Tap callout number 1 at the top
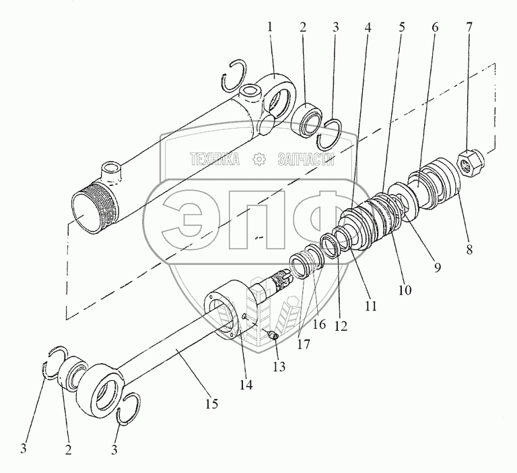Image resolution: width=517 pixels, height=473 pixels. (x=271, y=27)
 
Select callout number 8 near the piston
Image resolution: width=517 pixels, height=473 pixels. (x=469, y=249)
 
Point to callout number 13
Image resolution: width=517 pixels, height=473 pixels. (x=279, y=367)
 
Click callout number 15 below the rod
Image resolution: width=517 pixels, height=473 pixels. (x=212, y=404)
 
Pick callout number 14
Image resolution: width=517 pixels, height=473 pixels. (x=246, y=385)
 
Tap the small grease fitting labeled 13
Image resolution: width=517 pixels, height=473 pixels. (x=273, y=336)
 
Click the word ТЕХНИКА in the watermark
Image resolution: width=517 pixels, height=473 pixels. (x=215, y=159)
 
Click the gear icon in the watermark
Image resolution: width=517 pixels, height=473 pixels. (x=258, y=159)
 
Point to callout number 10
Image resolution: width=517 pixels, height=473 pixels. (x=405, y=290)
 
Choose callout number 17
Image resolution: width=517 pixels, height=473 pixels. (x=304, y=344)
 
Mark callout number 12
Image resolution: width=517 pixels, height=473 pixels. (x=341, y=326)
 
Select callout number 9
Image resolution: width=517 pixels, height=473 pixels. (x=437, y=267)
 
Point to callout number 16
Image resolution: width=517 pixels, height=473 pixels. (x=319, y=325)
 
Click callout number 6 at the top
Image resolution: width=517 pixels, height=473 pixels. (x=435, y=27)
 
